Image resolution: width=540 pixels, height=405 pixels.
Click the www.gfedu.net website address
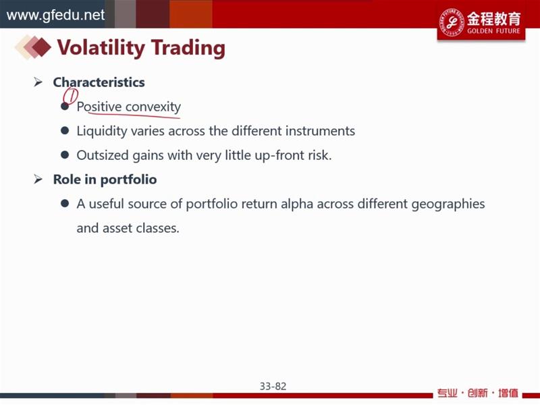(55, 15)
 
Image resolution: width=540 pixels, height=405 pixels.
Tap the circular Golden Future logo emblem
(452, 22)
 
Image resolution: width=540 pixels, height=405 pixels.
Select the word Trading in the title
(188, 48)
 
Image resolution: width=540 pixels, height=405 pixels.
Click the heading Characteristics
(99, 82)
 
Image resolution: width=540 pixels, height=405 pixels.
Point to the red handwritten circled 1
(71, 95)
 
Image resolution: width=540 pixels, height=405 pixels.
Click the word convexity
(153, 107)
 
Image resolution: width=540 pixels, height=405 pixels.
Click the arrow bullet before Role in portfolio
(38, 179)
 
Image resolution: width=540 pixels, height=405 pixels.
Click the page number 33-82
(273, 386)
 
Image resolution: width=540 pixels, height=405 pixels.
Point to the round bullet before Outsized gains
(65, 155)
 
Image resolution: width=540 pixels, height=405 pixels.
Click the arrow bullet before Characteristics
(38, 82)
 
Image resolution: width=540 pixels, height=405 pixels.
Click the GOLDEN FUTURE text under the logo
(493, 31)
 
